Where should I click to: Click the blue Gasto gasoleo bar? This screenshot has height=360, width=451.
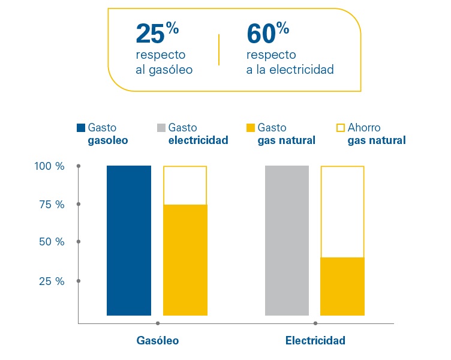pos(129,240)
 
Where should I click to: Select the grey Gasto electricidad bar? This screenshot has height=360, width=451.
pos(287,240)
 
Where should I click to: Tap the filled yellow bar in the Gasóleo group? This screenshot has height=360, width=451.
pos(185,260)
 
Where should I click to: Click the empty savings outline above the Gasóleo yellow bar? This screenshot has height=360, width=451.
pos(185,185)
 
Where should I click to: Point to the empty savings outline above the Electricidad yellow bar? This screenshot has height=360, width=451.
pos(342,212)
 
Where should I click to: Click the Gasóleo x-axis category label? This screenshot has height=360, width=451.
pos(158,341)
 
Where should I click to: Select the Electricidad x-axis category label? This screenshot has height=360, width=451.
pos(315,341)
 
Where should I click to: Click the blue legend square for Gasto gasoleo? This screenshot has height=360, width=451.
pos(81,128)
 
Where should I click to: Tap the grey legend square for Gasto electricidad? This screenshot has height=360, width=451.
pos(161,128)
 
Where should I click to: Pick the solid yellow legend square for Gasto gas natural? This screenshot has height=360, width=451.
pos(251,128)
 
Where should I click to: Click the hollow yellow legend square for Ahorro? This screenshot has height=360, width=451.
pos(341,128)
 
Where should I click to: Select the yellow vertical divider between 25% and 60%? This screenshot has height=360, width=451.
pos(220,50)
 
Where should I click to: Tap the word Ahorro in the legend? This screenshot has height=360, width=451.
pos(364,128)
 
